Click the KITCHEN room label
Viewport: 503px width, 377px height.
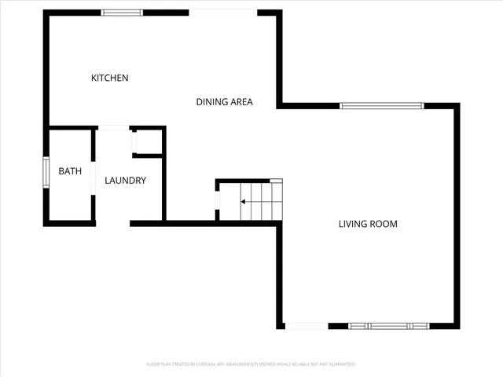110,78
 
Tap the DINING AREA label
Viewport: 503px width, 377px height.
224,101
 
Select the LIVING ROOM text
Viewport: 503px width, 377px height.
368,224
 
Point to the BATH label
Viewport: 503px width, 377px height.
70,171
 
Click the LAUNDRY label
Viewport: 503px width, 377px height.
126,181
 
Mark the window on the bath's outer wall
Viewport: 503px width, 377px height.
46,174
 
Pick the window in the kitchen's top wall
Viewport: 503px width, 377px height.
122,13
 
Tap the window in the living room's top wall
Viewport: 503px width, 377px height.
381,105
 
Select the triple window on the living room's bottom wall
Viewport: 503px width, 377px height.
389,326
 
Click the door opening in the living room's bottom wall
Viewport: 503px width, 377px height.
307,326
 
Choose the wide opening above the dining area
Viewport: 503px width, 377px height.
223,13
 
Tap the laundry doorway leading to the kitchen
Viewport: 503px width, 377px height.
113,127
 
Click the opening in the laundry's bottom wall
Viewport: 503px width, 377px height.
112,224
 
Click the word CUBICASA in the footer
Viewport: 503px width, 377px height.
203,364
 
